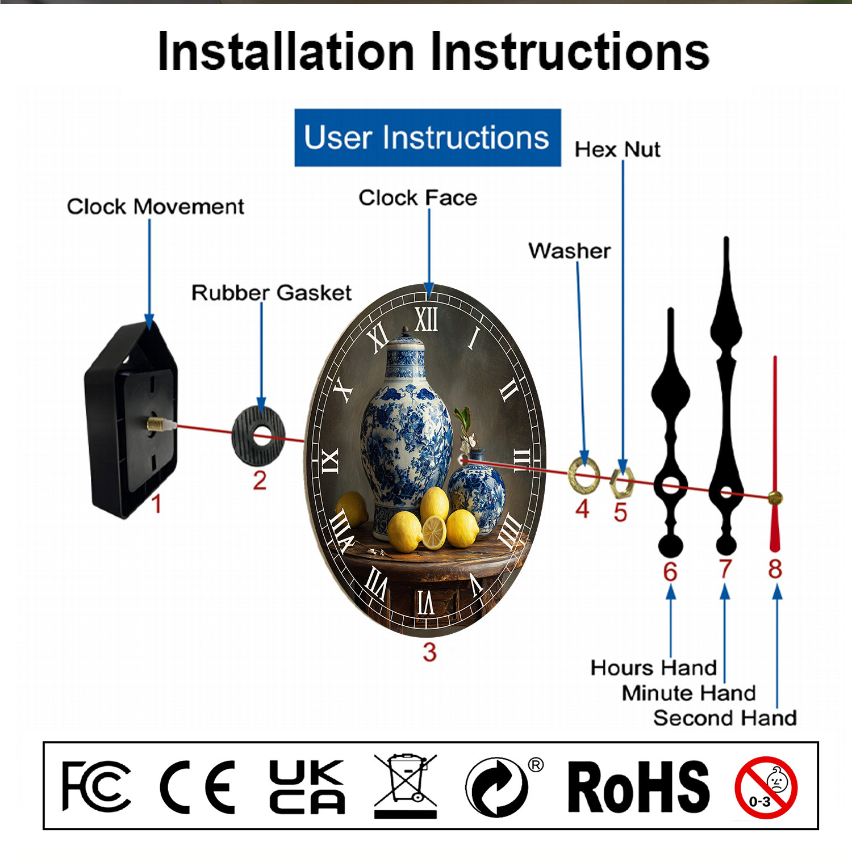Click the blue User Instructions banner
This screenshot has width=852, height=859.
click(428, 138)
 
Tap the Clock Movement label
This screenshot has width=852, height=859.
click(156, 207)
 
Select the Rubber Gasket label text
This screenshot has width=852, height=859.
click(272, 293)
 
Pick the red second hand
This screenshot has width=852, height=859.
click(775, 454)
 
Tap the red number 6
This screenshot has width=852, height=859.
click(670, 571)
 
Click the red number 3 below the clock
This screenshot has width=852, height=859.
click(429, 652)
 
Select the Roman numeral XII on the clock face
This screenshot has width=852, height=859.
click(426, 319)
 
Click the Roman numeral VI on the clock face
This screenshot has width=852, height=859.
click(426, 603)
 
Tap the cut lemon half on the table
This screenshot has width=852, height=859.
click(434, 533)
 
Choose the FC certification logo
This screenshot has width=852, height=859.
click(96, 786)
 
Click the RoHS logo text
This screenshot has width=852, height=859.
click(639, 787)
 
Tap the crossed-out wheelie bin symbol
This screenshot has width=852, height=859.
click(406, 786)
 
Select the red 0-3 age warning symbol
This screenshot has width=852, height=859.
click(766, 788)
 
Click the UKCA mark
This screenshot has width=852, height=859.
click(307, 787)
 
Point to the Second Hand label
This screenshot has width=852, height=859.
click(725, 718)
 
